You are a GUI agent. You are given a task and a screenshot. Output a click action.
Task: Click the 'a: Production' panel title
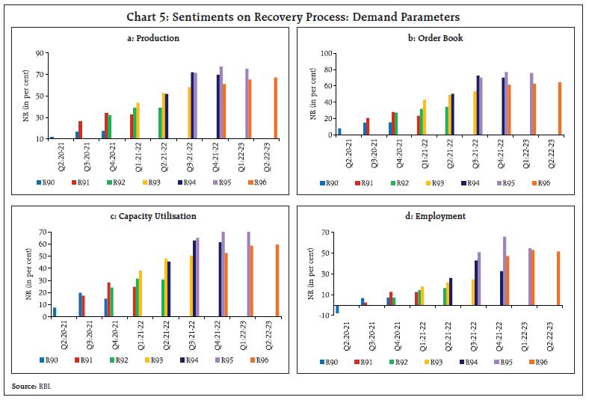click(x=154, y=38)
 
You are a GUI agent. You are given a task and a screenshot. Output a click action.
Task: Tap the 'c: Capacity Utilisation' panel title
click(x=154, y=216)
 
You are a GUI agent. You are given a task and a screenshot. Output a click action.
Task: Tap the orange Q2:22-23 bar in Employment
click(x=558, y=278)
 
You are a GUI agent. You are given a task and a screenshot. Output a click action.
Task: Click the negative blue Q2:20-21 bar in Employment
click(x=338, y=309)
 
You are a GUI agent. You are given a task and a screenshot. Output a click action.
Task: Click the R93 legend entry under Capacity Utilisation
click(x=155, y=360)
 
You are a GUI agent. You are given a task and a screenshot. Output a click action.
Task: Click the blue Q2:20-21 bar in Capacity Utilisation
click(x=54, y=312)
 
